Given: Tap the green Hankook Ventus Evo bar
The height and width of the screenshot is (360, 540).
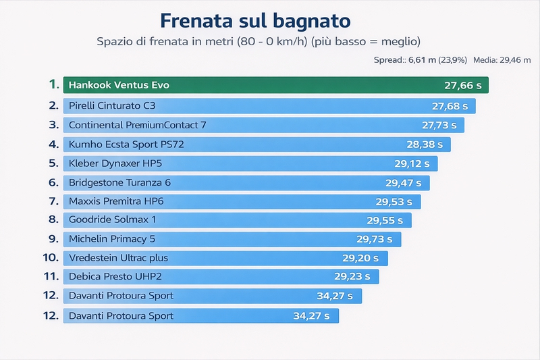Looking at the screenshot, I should tap(275, 85).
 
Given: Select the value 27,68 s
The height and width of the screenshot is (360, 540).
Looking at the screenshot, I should tap(450, 106).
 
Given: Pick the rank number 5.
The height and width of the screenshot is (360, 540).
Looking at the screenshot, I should tap(53, 163).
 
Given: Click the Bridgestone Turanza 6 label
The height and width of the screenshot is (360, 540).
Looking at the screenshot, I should tap(119, 182).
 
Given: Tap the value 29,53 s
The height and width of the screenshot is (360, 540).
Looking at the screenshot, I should tap(394, 201).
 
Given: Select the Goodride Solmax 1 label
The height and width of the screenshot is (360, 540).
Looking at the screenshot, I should tap(112, 220).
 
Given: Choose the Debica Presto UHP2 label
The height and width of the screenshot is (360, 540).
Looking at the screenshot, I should tap(115, 277).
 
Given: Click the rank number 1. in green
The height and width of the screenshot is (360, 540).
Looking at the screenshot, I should tap(53, 84).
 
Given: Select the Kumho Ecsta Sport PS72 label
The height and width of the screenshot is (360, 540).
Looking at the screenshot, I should tap(126, 145).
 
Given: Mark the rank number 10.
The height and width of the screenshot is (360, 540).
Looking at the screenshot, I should tap(51, 258).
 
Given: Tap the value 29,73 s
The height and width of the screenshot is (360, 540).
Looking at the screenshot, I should tap(375, 239).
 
